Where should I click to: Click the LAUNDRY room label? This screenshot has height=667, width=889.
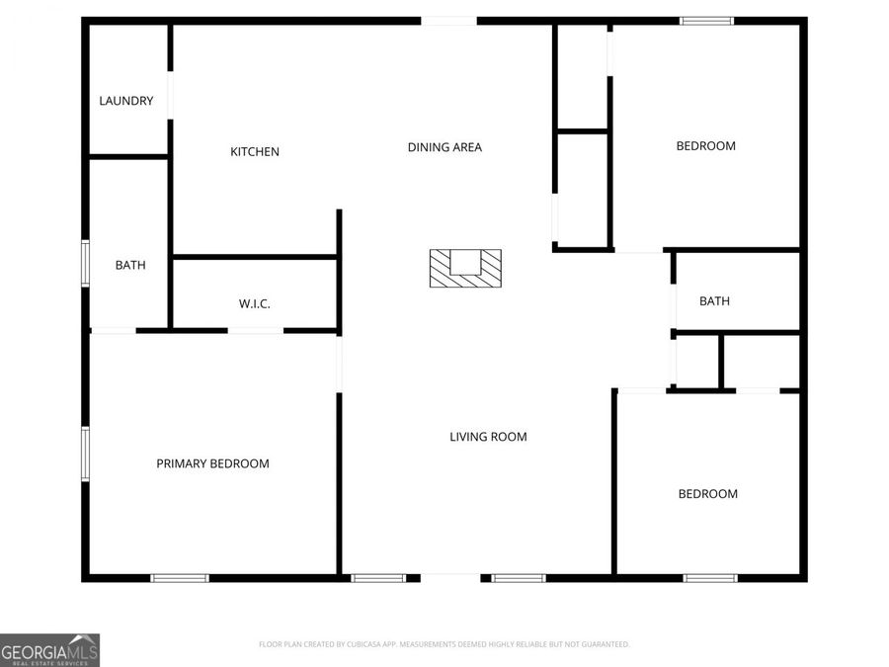pyautogui.click(x=125, y=101)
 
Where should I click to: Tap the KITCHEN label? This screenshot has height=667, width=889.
pyautogui.click(x=255, y=152)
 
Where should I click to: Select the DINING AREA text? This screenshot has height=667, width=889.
pyautogui.click(x=444, y=147)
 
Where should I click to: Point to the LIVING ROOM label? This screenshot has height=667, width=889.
pyautogui.click(x=488, y=437)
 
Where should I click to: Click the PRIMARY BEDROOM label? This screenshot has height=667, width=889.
pyautogui.click(x=212, y=463)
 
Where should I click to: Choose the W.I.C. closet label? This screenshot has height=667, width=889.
pyautogui.click(x=254, y=304)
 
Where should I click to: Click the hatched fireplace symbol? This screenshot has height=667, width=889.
pyautogui.click(x=465, y=268)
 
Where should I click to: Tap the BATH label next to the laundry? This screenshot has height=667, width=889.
pyautogui.click(x=129, y=265)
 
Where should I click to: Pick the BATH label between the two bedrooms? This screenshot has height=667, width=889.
pyautogui.click(x=714, y=301)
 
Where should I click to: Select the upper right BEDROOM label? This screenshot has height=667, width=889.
pyautogui.click(x=705, y=146)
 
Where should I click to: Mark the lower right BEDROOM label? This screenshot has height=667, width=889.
pyautogui.click(x=707, y=494)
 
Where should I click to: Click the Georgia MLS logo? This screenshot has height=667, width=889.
pyautogui.click(x=49, y=650)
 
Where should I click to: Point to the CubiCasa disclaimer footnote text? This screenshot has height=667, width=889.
pyautogui.click(x=444, y=644)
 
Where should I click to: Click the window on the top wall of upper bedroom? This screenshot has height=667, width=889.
pyautogui.click(x=706, y=21)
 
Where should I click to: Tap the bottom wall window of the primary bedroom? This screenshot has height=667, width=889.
pyautogui.click(x=180, y=578)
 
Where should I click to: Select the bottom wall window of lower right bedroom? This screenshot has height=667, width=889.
pyautogui.click(x=710, y=578)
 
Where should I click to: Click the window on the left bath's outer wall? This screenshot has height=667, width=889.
pyautogui.click(x=86, y=264)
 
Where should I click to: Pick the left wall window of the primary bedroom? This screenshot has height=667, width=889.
pyautogui.click(x=86, y=454)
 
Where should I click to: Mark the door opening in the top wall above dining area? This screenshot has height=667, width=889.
pyautogui.click(x=448, y=21)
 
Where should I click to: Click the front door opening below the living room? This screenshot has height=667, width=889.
pyautogui.click(x=450, y=578)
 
